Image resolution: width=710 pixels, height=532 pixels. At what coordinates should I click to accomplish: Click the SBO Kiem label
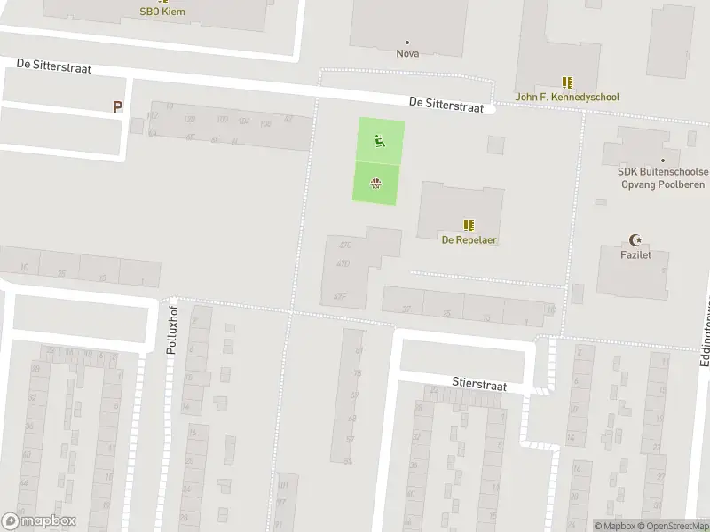[162, 12]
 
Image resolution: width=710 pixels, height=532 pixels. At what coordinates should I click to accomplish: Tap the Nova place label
[407, 53]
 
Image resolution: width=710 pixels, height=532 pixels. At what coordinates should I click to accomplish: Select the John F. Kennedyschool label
[568, 97]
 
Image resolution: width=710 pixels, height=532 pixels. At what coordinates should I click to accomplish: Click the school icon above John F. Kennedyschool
[568, 82]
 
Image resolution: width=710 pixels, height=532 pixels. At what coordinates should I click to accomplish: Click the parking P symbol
[116, 106]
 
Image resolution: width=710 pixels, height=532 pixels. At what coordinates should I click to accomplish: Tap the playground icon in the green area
[380, 139]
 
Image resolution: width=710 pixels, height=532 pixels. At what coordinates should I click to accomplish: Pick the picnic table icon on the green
[375, 184]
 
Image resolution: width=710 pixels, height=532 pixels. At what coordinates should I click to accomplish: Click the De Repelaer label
[469, 240]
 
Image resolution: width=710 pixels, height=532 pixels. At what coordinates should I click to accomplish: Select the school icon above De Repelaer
[469, 225]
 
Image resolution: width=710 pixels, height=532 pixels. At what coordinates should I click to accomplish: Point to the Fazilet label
[635, 255]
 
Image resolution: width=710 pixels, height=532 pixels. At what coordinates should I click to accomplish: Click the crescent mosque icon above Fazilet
[635, 239]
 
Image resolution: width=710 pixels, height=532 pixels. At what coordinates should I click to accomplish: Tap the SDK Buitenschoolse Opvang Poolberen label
[663, 177]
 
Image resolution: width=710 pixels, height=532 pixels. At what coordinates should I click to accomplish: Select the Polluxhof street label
[172, 330]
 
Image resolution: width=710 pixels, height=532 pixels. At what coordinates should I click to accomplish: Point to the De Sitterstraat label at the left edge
[53, 68]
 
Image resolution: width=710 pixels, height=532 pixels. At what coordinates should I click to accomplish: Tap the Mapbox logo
[39, 521]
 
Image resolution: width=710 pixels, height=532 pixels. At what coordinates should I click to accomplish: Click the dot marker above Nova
[407, 42]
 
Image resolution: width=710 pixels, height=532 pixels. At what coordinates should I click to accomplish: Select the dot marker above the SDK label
[663, 160]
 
